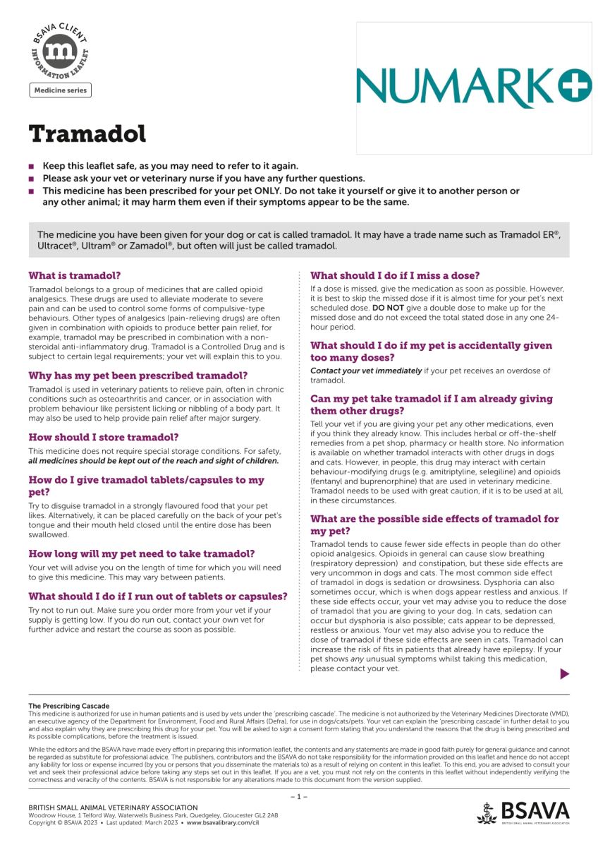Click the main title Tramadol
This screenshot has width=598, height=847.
coord(87,133)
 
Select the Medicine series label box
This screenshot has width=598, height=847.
coord(60,90)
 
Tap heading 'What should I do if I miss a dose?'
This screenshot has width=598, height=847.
coord(395,275)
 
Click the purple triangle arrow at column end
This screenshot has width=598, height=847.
coord(563,674)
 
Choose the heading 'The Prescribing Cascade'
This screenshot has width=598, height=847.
coord(68,706)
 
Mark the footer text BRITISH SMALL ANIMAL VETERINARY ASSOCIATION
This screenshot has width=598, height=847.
coord(113,807)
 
